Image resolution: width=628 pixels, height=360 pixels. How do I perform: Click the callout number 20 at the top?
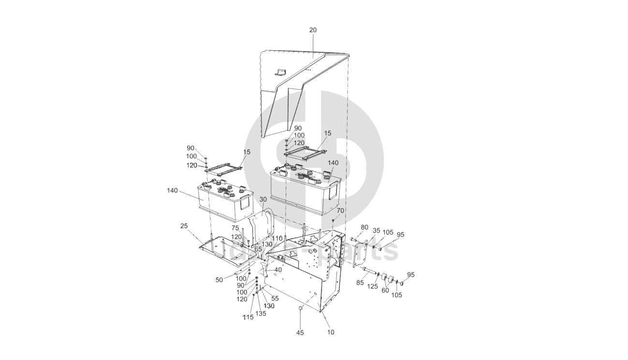tap(313, 30)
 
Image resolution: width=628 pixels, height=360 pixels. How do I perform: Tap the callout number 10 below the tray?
tap(331, 332)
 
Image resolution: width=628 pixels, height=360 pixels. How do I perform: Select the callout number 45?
tap(300, 332)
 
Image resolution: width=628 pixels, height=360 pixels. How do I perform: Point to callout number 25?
tap(184, 226)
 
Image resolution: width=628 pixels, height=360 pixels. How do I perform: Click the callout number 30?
tap(263, 199)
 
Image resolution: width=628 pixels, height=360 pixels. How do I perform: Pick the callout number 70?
tap(340, 211)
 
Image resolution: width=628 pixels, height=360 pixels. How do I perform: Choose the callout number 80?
tap(365, 227)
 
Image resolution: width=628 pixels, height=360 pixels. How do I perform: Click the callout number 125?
tap(372, 287)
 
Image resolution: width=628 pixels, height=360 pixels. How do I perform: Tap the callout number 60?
tap(385, 290)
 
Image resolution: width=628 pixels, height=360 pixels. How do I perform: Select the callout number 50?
tap(219, 280)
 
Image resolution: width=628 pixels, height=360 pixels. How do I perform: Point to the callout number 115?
tap(248, 317)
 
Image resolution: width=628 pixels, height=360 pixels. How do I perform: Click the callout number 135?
tap(261, 314)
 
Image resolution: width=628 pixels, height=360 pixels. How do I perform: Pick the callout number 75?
tap(235, 228)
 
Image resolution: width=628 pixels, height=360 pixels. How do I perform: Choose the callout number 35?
tap(377, 230)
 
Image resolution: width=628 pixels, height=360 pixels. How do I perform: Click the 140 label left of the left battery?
tap(172, 190)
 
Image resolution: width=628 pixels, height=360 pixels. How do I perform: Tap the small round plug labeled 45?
tap(300, 307)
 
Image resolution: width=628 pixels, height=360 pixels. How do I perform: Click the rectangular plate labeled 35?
tap(360, 254)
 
